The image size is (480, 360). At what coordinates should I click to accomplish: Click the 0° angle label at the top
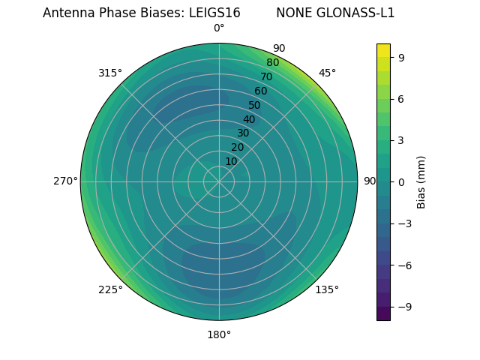pyautogui.click(x=219, y=28)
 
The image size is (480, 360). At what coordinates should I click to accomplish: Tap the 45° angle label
pyautogui.click(x=328, y=73)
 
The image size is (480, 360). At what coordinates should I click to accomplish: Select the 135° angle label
pyautogui.click(x=327, y=289)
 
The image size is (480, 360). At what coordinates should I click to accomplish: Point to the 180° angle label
pyautogui.click(x=219, y=334)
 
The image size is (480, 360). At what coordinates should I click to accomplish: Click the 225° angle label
pyautogui.click(x=110, y=289)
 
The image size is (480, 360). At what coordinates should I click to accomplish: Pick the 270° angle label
pyautogui.click(x=65, y=181)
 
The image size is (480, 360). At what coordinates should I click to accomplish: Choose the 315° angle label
pyautogui.click(x=110, y=73)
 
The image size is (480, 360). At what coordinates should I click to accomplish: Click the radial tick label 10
pyautogui.click(x=231, y=161)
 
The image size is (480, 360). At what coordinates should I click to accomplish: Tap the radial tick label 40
pyautogui.click(x=249, y=119)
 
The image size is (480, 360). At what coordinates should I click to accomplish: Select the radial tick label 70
pyautogui.click(x=266, y=76)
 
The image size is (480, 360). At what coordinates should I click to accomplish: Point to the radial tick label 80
pyautogui.click(x=272, y=62)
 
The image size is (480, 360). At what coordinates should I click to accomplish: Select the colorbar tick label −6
pyautogui.click(x=402, y=265)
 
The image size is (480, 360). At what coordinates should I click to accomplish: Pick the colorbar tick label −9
pyautogui.click(x=402, y=306)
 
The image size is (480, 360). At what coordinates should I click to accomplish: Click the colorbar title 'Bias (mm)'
pyautogui.click(x=421, y=181)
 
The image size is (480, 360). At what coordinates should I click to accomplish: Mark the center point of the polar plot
pyautogui.click(x=219, y=181)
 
